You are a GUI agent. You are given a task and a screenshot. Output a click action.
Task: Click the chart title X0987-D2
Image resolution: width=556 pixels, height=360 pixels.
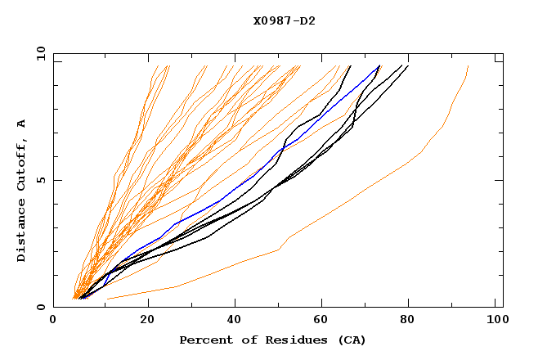(x=284, y=20)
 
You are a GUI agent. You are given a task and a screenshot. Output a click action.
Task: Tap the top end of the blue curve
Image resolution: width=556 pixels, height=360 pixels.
(x=379, y=66)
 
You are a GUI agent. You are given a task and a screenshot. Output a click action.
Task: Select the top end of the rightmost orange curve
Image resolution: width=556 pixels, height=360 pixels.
(x=468, y=66)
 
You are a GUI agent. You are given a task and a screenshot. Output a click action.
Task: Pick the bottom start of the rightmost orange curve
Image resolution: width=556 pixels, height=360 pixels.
(x=108, y=299)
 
